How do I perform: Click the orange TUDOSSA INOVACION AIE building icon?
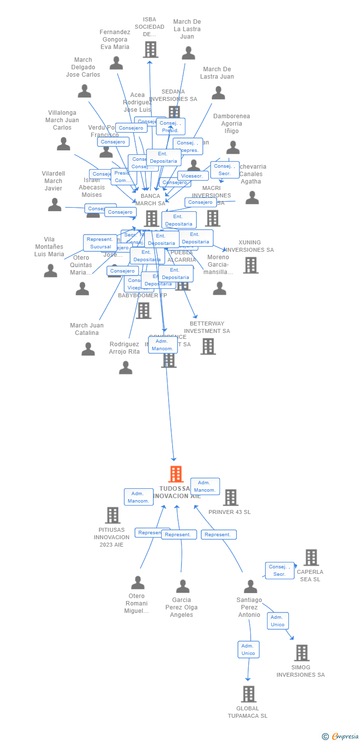click(x=176, y=474)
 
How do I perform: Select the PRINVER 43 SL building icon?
click(x=230, y=497)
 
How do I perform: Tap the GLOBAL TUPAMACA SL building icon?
click(x=249, y=694)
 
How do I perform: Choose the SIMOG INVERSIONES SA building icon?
click(x=302, y=653)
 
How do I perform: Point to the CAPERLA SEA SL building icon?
click(x=311, y=557)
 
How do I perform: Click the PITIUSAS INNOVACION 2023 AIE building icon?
click(x=113, y=515)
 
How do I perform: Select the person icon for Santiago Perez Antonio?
click(x=251, y=587)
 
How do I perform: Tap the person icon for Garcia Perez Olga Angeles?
click(x=183, y=587)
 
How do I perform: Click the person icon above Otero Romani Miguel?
click(x=137, y=583)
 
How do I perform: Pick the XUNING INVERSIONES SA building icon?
click(x=251, y=265)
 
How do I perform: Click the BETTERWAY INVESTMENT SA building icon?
click(x=208, y=346)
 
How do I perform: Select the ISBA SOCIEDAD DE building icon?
click(x=150, y=49)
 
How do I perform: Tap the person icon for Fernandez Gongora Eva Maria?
click(x=116, y=63)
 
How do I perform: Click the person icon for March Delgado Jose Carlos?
click(x=85, y=91)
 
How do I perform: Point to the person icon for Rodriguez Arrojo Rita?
click(x=126, y=368)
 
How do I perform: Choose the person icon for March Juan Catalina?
click(x=88, y=349)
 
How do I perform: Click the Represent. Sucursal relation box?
click(x=100, y=243)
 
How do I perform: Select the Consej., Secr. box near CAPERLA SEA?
click(x=279, y=570)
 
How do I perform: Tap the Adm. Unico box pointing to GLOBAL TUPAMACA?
click(x=248, y=649)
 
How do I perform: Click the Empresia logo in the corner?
click(x=341, y=737)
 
